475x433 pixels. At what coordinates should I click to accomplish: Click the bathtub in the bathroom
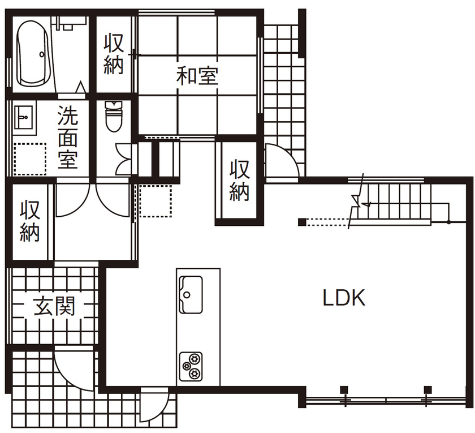[33, 54]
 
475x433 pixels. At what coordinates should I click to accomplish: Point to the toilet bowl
[114, 117]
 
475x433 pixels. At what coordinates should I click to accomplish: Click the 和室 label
[197, 75]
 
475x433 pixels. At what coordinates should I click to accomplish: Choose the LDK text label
[344, 298]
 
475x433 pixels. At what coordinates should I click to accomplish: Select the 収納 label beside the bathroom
[114, 54]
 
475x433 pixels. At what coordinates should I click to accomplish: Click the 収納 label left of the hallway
[31, 221]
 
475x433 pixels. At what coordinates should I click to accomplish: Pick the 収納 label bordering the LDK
[239, 181]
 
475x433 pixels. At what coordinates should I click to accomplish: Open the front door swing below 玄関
[71, 368]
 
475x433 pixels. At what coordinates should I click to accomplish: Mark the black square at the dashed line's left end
[302, 221]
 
